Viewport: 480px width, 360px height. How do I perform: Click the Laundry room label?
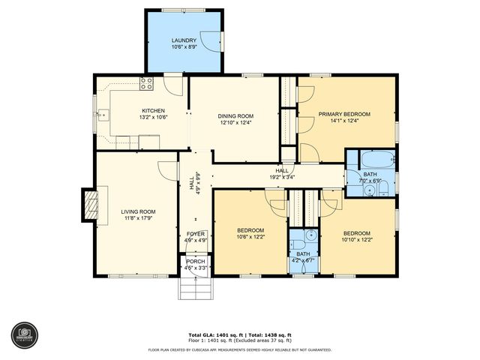[x=184, y=40]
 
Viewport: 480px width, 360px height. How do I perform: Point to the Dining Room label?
[x=236, y=115]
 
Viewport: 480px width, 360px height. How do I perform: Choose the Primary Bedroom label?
[x=344, y=114]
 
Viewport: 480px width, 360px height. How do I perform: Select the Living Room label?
[x=138, y=211]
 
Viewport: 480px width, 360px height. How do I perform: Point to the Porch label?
[x=196, y=261]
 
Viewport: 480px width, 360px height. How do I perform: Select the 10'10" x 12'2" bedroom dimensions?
[x=357, y=238]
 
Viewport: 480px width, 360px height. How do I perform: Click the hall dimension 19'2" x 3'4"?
[x=282, y=178]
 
